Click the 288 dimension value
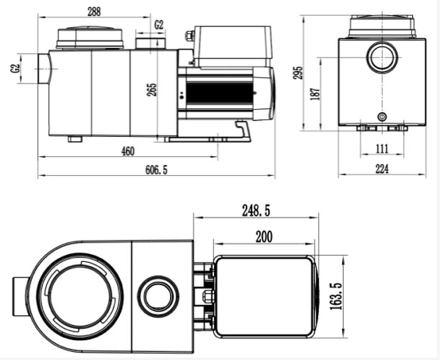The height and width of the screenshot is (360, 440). coord(94,12)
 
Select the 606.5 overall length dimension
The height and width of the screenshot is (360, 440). coord(156,170)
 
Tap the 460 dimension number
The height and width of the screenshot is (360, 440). coord(128,151)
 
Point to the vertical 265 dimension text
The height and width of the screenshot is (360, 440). coord(152,90)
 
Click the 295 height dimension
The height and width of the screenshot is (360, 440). coord(298,72)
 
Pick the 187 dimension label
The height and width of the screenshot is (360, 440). coord(315,94)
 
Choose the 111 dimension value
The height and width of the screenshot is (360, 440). coord(382,149)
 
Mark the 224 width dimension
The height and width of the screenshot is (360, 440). coord(382,169)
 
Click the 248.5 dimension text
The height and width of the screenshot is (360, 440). coord(256,210)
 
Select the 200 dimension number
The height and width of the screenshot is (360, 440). coord(264,237)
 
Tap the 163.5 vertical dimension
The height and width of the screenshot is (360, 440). coord(337,296)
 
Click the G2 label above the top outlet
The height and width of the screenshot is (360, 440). coord(159,25)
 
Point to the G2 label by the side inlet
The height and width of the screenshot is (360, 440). coord(15,68)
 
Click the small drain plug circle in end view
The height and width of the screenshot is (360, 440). coord(382,116)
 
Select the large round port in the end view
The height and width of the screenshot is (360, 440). coord(382,57)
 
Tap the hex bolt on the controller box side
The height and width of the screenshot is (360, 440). coord(189,36)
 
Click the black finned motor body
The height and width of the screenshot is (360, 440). coord(219,93)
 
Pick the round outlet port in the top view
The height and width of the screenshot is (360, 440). coord(158,296)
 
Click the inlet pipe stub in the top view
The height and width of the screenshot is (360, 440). coord(20,296)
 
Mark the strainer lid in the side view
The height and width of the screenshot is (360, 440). coord(90,37)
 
